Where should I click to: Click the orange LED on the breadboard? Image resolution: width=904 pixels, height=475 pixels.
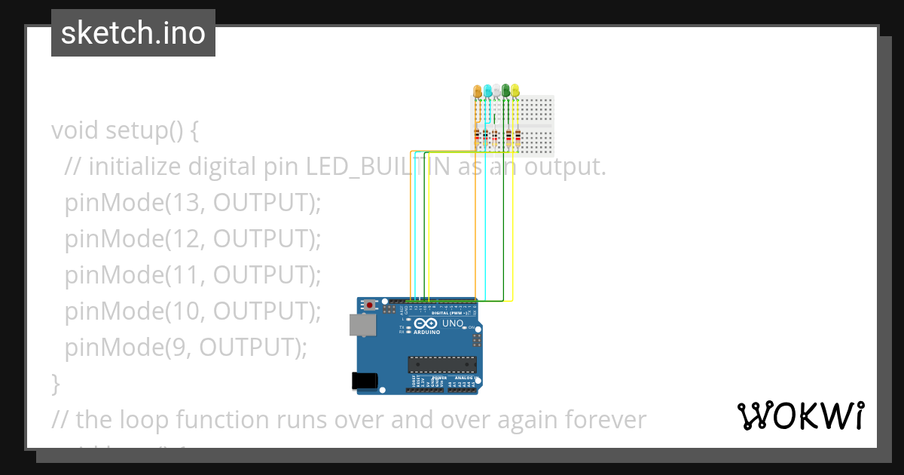[x=477, y=91]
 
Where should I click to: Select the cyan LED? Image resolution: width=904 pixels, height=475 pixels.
[x=487, y=91]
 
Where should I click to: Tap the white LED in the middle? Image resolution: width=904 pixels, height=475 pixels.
[x=496, y=91]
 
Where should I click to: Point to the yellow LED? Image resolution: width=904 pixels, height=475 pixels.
[x=515, y=91]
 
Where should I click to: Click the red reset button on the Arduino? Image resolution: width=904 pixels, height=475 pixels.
[x=369, y=305]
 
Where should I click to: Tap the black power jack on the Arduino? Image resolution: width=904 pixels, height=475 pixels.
[x=365, y=382]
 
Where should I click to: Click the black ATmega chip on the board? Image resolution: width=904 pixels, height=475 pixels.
[x=442, y=365]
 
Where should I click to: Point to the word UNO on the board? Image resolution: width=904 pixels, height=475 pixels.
[x=452, y=323]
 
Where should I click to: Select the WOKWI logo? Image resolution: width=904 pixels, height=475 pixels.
[x=800, y=415]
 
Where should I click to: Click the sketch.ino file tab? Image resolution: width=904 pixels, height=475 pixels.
[x=133, y=33]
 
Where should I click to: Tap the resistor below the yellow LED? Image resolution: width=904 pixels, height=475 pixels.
[x=517, y=137]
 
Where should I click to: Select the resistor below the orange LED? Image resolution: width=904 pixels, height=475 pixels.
[x=476, y=137]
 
